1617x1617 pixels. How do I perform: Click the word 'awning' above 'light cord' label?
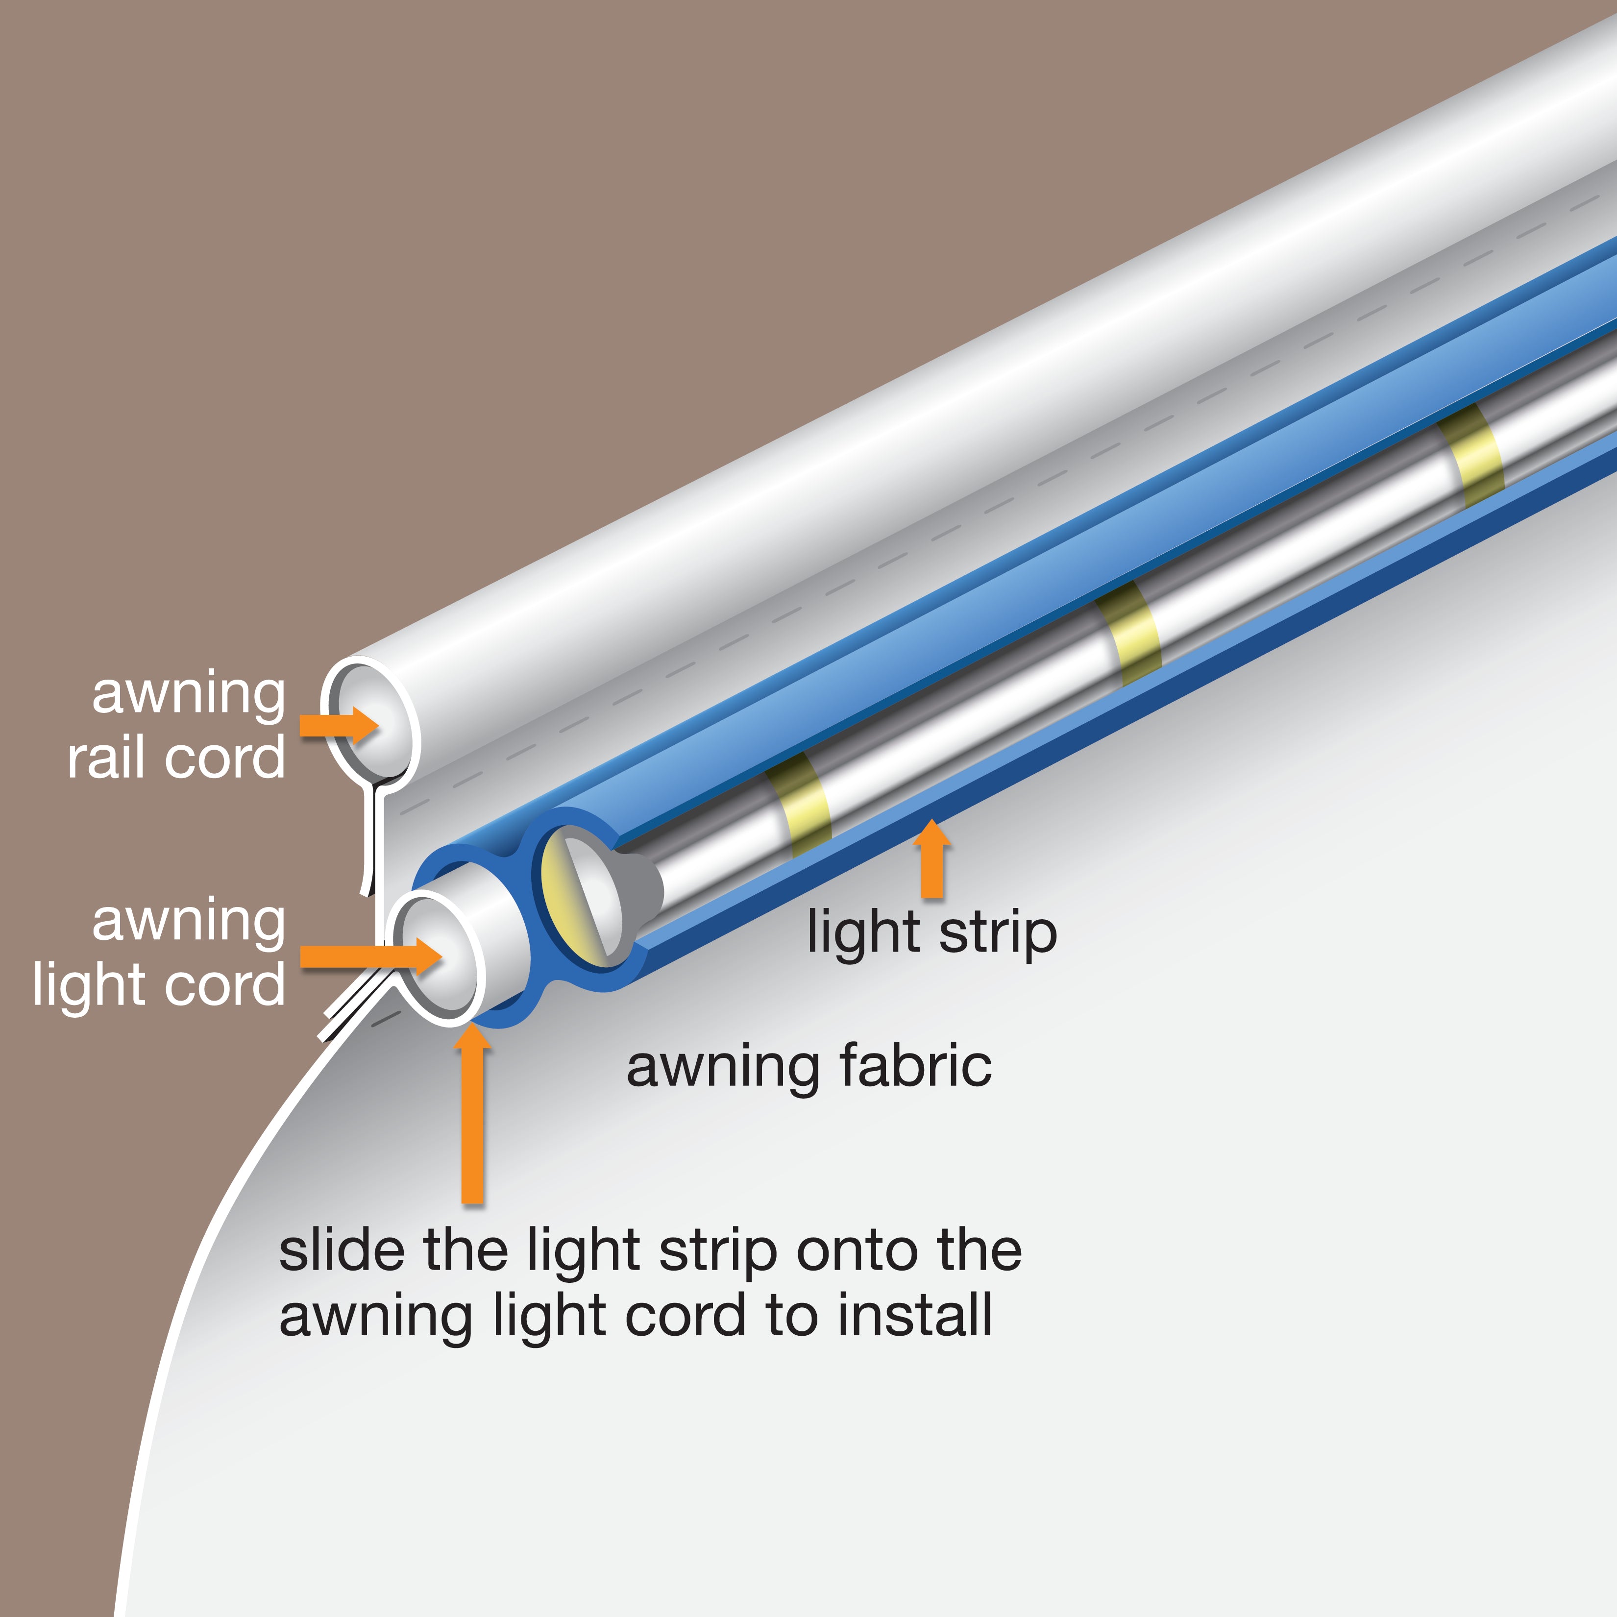pos(188,922)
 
